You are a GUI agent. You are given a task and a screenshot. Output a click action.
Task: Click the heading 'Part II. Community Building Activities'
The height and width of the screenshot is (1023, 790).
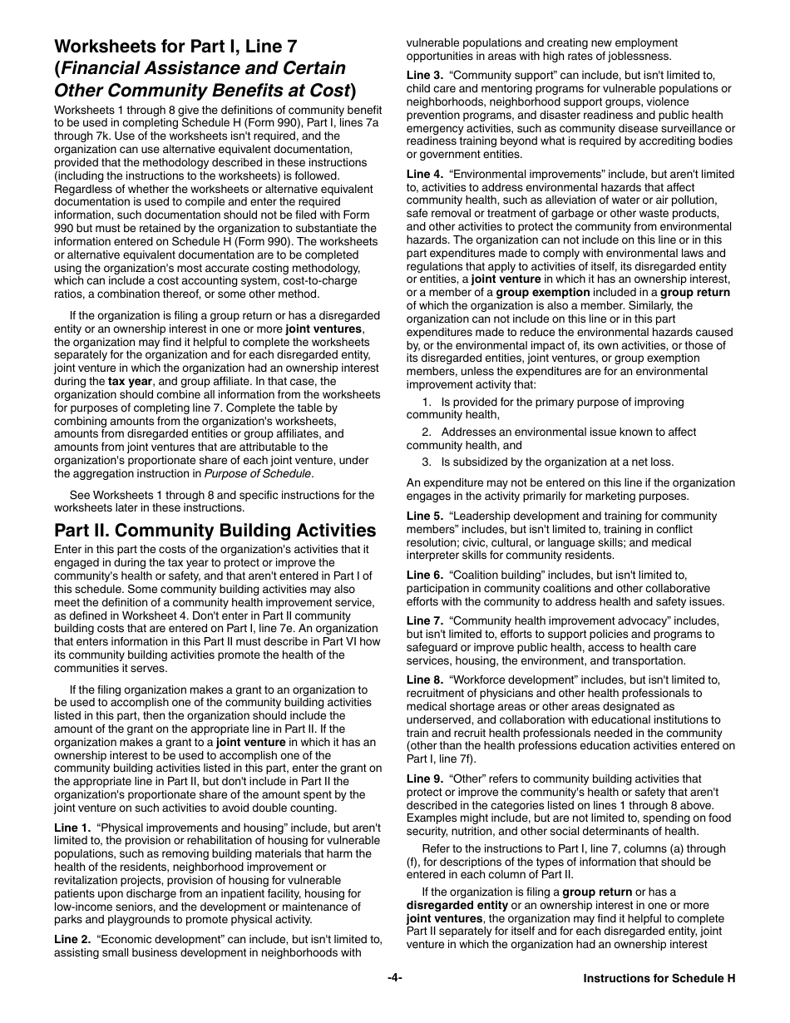215,531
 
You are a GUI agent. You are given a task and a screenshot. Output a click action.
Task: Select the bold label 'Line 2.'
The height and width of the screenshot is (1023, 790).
72,939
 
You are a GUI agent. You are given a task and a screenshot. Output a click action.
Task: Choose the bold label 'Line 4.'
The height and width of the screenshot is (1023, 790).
425,174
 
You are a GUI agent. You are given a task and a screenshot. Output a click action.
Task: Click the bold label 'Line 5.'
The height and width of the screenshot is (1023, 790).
425,516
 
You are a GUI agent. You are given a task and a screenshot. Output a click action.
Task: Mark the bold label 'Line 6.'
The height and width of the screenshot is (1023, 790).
425,576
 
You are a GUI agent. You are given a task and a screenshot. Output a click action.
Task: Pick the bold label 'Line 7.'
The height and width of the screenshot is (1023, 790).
425,621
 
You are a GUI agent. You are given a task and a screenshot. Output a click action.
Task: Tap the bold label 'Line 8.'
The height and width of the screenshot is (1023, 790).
425,680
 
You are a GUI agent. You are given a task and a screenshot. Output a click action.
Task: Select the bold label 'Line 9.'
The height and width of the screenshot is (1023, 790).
425,778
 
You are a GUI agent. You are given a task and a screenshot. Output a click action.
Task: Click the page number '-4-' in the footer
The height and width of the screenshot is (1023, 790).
395,978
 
